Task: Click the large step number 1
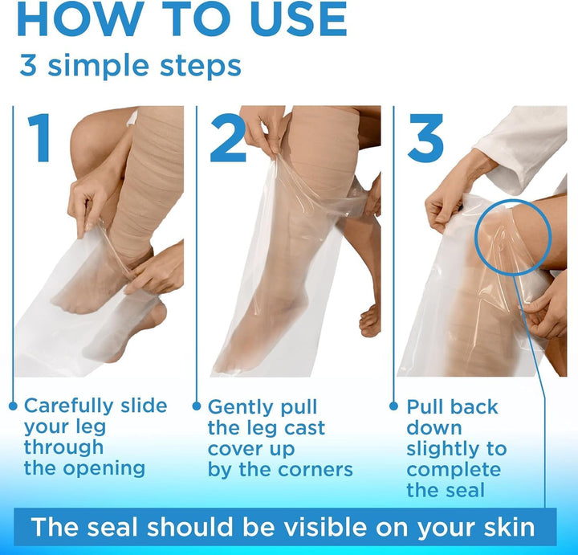click(43, 137)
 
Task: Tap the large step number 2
click(228, 137)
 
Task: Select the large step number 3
click(425, 137)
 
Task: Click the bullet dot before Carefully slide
click(13, 406)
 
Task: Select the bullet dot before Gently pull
click(197, 406)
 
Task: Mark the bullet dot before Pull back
click(393, 406)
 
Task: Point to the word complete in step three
click(453, 469)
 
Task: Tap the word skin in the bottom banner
click(507, 527)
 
